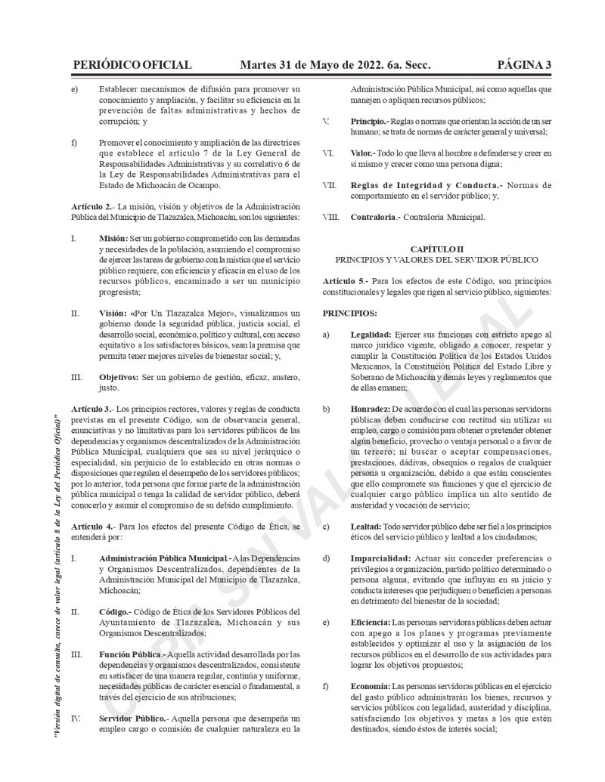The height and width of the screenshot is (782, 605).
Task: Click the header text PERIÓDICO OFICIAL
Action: click(132, 65)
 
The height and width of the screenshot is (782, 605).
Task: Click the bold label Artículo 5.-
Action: click(344, 281)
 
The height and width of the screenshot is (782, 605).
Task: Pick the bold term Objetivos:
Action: click(119, 376)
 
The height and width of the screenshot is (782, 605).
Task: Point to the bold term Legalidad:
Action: click(371, 334)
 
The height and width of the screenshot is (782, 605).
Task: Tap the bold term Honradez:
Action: click(371, 409)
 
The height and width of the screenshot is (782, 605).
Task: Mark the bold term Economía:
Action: click(371, 686)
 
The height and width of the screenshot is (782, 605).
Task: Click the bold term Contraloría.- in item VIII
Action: click(374, 218)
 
